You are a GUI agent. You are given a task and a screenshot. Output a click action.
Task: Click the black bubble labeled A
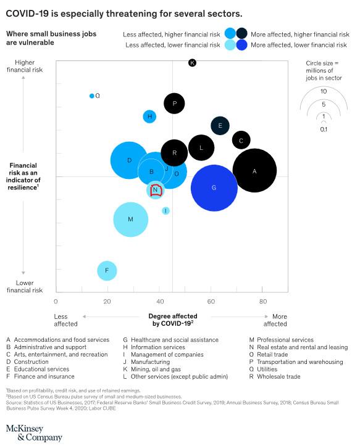click(x=254, y=171)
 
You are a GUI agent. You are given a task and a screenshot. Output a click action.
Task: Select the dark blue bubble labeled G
click(x=214, y=188)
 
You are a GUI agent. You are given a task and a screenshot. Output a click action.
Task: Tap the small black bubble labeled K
click(x=192, y=63)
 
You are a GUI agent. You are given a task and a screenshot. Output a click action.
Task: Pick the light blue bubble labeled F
click(x=107, y=270)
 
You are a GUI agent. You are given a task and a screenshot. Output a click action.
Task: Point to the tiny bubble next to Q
click(x=91, y=96)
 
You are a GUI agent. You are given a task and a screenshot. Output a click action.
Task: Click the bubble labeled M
click(x=130, y=219)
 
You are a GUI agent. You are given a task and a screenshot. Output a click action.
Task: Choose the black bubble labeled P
click(x=175, y=104)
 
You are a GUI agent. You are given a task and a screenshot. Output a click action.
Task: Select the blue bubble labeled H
click(x=149, y=116)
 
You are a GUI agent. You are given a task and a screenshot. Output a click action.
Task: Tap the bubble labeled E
click(x=220, y=125)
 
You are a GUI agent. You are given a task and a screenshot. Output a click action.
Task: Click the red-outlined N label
click(x=156, y=191)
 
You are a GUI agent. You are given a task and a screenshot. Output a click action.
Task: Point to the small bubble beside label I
click(x=165, y=210)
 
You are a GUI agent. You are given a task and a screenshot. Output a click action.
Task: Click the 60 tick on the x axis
click(x=211, y=302)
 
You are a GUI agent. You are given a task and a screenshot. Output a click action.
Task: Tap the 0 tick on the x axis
click(x=56, y=302)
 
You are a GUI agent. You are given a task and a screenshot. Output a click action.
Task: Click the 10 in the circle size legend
click(x=324, y=91)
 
